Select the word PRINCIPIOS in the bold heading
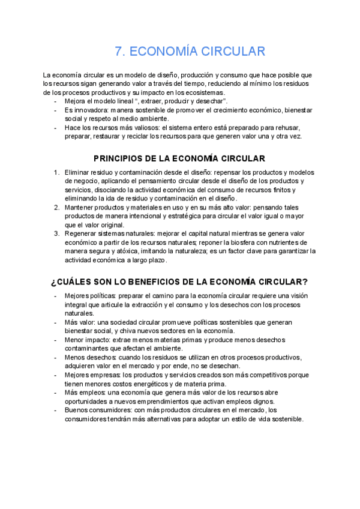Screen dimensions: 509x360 (x=119, y=158)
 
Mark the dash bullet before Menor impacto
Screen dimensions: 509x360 (x=56, y=340)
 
